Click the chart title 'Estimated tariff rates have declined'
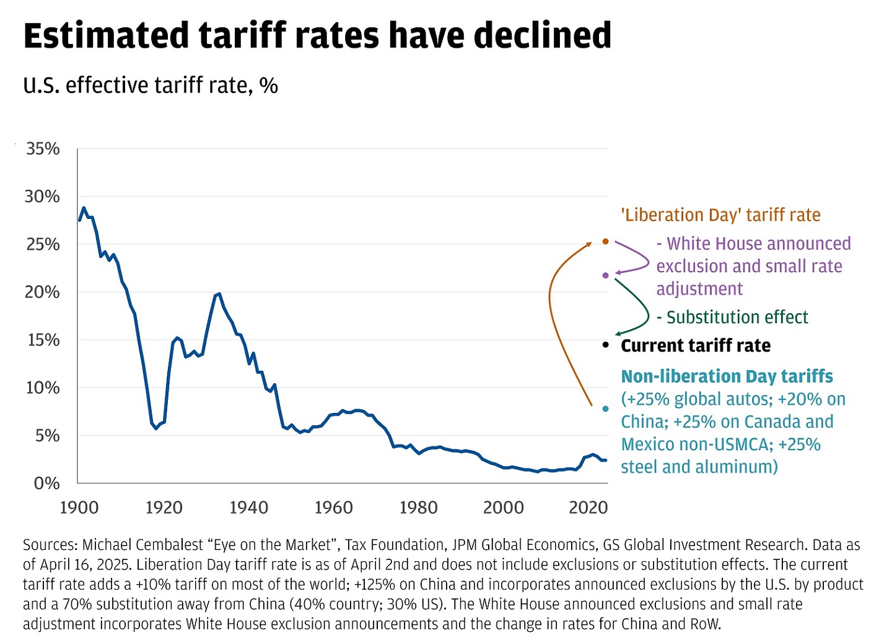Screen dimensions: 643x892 pos(317,35)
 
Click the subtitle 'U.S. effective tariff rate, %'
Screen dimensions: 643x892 pos(151,86)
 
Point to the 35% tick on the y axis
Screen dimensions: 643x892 pos(43,149)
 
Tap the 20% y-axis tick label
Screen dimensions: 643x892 pos(43,292)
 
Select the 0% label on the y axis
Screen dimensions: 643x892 pos(47,483)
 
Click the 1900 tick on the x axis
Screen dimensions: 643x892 pos(79,508)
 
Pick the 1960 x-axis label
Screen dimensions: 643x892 pos(333,508)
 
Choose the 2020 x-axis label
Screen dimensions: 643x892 pos(588,508)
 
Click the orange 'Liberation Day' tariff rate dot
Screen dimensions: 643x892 pos(606,241)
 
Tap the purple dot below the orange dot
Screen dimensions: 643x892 pos(606,275)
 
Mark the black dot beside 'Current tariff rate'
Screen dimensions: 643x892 pos(606,345)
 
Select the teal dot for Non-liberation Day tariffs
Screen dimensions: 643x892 pos(606,409)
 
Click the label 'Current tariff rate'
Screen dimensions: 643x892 pos(696,345)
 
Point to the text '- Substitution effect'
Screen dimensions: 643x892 pos(732,317)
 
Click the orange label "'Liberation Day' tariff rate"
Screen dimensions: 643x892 pos(720,215)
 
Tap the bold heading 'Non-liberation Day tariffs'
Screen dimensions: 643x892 pos(727,376)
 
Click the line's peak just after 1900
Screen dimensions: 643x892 pos(84,208)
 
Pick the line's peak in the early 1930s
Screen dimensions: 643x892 pos(219,294)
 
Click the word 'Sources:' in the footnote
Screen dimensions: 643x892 pos(50,545)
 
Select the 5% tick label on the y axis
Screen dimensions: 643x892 pos(47,435)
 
